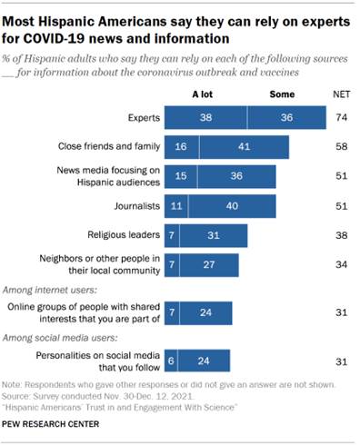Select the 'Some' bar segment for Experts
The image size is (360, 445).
pos(286,118)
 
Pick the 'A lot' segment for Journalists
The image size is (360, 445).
pos(176,207)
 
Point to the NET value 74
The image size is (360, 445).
pos(343,118)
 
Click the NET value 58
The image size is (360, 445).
pos(343,148)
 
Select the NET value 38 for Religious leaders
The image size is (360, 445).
pos(343,236)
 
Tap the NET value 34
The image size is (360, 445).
pos(343,265)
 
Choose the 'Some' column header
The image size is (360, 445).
pos(283,94)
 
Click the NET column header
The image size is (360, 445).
pos(343,94)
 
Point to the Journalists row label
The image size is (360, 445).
pos(136,207)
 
